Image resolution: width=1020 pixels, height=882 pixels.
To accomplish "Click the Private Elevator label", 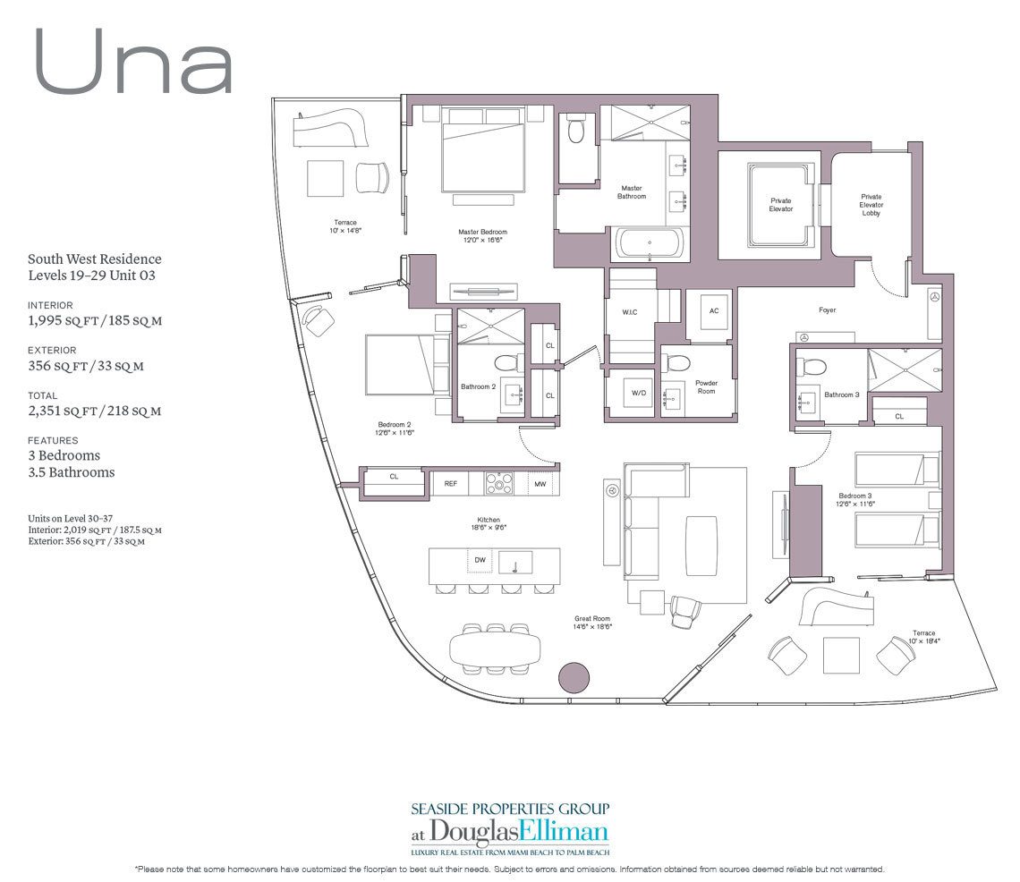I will [781, 205].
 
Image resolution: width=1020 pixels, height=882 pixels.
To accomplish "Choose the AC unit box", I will [713, 311].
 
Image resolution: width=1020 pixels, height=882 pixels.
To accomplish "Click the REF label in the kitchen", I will [450, 483].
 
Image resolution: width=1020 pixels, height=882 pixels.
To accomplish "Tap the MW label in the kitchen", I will [540, 483].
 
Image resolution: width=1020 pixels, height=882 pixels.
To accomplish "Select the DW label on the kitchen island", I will [480, 561].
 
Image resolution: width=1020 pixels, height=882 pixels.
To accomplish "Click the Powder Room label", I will [706, 386].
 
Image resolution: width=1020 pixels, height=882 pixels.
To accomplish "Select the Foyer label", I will [827, 310].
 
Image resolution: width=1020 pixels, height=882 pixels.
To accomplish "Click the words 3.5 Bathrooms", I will [71, 472].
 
